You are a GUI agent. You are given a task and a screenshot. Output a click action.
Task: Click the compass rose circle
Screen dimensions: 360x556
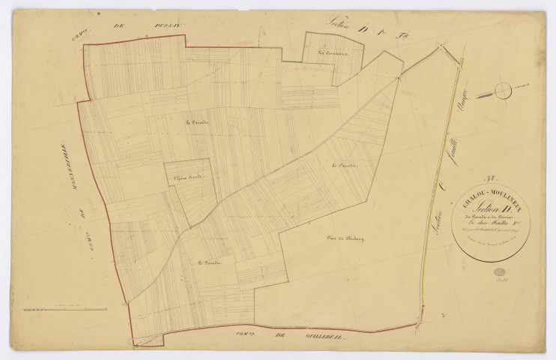pyautogui.click(x=503, y=90)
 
